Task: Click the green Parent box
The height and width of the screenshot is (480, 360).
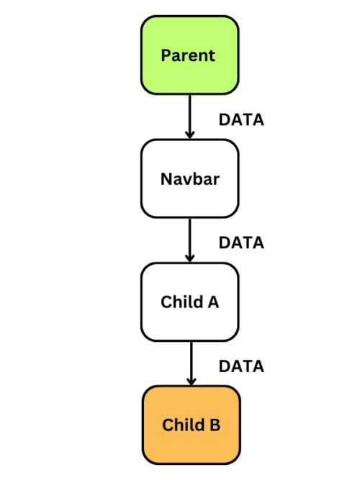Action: click(x=190, y=55)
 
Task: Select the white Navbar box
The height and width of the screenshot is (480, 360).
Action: click(x=190, y=178)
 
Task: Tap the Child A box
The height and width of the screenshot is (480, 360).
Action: click(x=190, y=302)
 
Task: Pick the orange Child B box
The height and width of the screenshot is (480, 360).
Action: click(x=192, y=425)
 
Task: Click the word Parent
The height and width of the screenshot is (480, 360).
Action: click(x=188, y=56)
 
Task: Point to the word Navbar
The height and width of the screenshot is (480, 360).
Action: click(x=190, y=179)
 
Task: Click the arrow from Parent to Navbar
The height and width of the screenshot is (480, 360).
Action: click(x=190, y=117)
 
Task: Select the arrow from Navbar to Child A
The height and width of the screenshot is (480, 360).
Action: click(x=190, y=240)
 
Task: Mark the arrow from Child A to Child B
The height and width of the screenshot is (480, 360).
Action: click(x=192, y=363)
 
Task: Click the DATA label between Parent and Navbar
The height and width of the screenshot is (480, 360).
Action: click(x=241, y=119)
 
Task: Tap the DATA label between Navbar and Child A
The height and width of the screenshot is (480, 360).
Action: click(x=241, y=243)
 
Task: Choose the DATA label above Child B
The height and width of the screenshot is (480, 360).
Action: click(x=241, y=366)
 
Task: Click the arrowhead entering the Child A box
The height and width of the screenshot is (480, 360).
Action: click(x=190, y=258)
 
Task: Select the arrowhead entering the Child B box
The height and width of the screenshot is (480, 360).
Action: click(x=192, y=381)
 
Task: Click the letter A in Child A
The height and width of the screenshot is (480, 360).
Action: click(x=214, y=302)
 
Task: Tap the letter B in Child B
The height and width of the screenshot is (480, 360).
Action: click(x=215, y=425)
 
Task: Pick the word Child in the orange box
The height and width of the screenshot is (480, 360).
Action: click(x=183, y=425)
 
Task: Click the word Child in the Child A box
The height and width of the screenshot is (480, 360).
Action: click(x=182, y=302)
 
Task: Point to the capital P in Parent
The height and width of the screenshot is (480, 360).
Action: click(x=166, y=55)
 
